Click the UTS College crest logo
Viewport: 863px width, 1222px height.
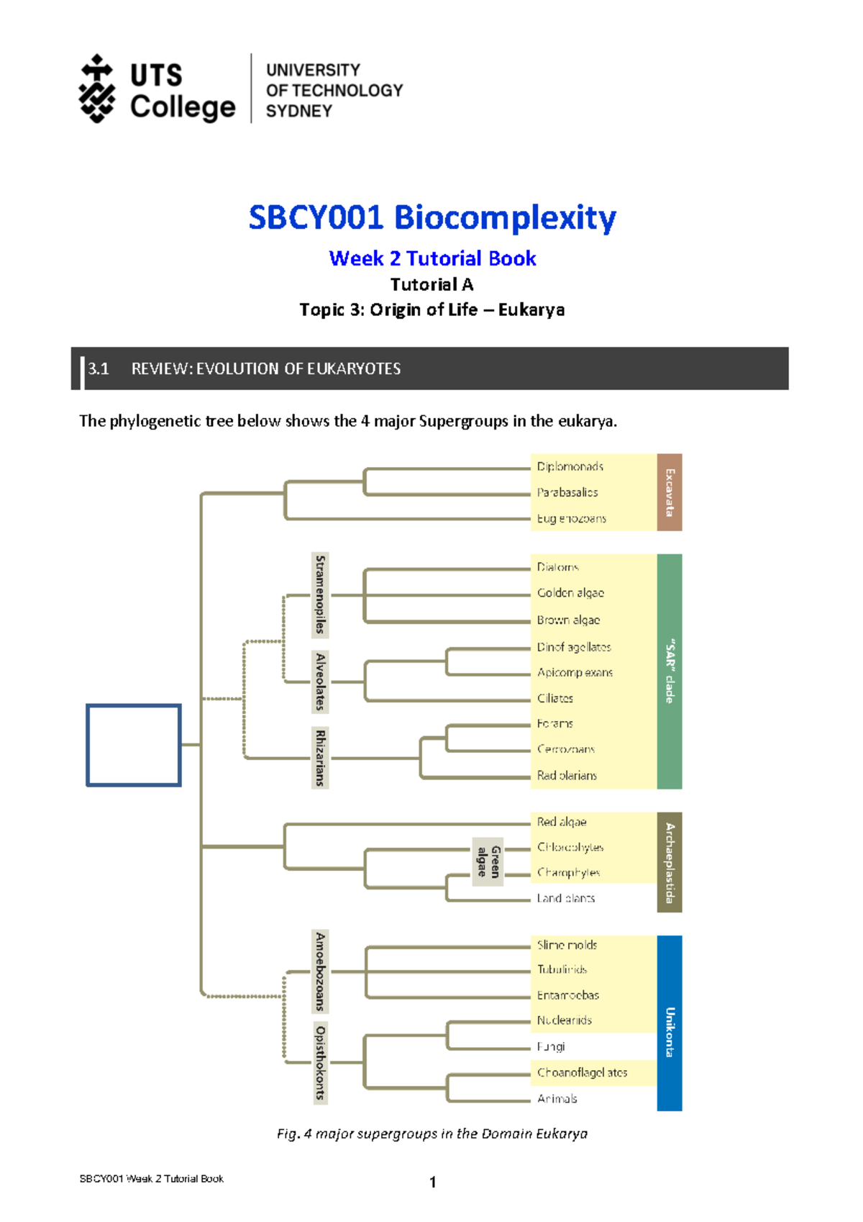click(96, 89)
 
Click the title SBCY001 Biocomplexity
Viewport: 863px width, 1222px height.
click(431, 217)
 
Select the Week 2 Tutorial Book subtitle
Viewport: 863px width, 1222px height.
click(432, 258)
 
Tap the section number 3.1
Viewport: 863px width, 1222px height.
click(98, 369)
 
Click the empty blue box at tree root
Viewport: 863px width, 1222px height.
click(134, 745)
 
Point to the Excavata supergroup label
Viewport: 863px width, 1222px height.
click(669, 492)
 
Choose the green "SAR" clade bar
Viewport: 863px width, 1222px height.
click(669, 671)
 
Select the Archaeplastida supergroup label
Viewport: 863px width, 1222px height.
click(669, 862)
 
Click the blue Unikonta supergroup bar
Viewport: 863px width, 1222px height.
click(669, 1023)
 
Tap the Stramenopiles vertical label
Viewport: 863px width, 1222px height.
click(320, 594)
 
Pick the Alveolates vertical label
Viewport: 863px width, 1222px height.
click(320, 682)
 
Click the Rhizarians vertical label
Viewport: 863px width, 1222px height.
click(320, 758)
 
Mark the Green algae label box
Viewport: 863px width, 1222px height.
click(488, 861)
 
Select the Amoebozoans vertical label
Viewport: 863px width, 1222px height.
click(320, 971)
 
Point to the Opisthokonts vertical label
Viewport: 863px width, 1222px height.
click(320, 1062)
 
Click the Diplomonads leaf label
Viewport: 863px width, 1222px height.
click(570, 466)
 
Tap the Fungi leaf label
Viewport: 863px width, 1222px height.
click(551, 1046)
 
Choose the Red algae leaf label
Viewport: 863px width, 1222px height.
click(562, 822)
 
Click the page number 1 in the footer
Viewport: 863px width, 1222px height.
click(432, 1182)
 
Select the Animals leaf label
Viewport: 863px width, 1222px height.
click(557, 1099)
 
